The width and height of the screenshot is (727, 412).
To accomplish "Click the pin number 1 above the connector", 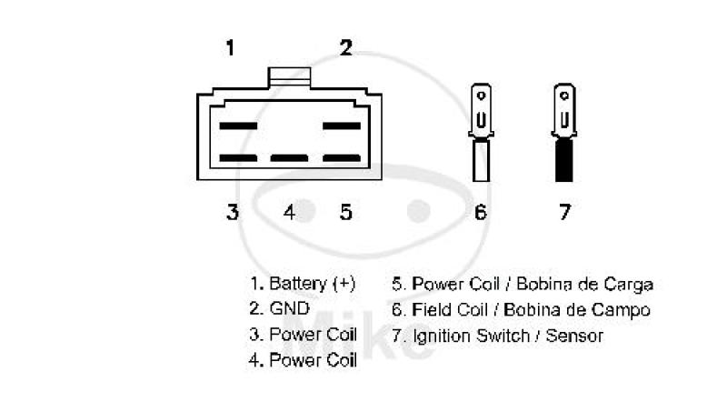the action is coord(230,48).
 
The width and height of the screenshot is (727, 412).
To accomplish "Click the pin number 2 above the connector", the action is coord(346,48).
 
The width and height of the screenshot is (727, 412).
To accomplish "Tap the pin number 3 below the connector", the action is coord(233,212).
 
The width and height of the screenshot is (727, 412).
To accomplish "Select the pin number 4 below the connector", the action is coord(289,212).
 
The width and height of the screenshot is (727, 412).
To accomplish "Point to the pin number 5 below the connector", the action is coord(346,212).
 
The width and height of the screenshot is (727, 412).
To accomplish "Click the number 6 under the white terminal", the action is coord(481,212).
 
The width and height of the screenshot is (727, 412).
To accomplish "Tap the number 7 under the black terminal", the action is coord(564,212).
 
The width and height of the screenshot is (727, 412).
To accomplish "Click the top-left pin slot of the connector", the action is coord(238,126).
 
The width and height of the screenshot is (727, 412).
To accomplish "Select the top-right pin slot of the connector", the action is coord(342,126).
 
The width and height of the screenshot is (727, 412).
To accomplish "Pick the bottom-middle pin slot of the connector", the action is coord(289,157).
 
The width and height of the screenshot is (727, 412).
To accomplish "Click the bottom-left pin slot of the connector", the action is coord(238,157).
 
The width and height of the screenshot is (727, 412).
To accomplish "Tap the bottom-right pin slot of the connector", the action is coord(342,157).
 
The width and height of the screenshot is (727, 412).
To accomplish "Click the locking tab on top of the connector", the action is coord(289,77).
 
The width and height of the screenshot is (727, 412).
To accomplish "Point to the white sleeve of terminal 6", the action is coord(481,160).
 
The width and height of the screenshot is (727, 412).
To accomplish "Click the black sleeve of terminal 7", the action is coord(564,160).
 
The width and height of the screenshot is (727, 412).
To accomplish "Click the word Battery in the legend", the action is coord(298,284).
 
